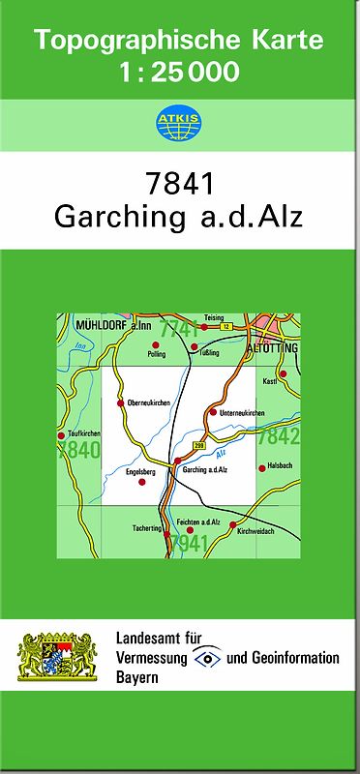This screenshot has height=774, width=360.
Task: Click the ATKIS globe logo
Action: [x=179, y=123]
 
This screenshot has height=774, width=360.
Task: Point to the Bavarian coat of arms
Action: [x=59, y=657]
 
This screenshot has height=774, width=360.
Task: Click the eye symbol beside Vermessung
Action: [x=206, y=658]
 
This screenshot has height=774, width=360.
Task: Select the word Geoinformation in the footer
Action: [x=297, y=658]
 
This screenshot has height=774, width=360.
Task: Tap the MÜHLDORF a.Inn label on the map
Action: [x=108, y=328]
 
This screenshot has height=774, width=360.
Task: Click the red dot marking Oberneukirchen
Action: [x=120, y=402]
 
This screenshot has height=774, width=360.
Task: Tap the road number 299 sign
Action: [x=198, y=444]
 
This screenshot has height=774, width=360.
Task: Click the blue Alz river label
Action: [x=222, y=452]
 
